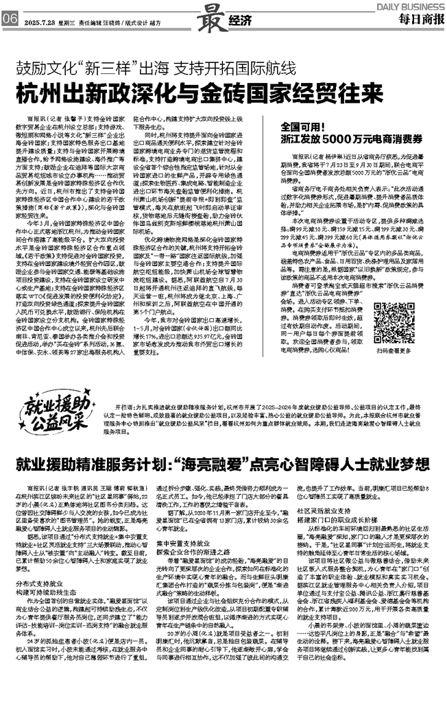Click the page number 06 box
[10, 19]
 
